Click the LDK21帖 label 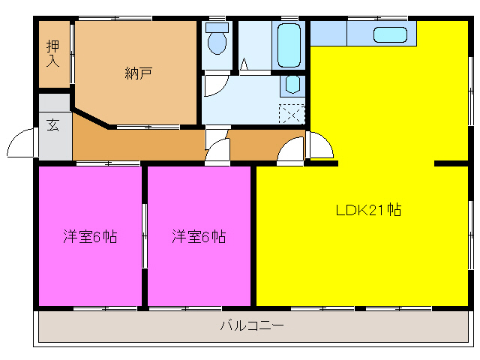367,211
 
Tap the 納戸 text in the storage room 139,73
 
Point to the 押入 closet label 52,54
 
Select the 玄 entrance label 54,125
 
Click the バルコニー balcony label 251,326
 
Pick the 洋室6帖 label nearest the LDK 199,237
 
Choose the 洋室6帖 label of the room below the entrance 89,237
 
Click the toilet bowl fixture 217,41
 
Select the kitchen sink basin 390,34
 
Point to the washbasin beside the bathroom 292,84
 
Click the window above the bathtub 288,18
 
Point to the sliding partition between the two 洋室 145,236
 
